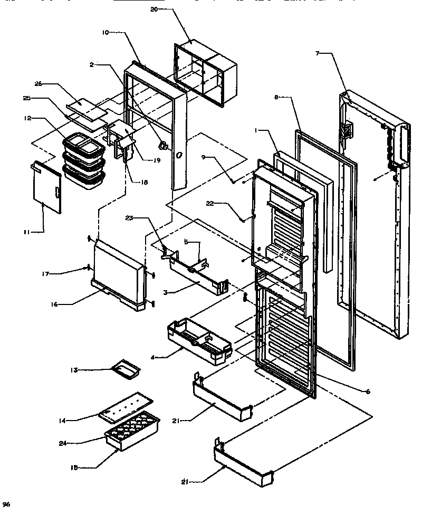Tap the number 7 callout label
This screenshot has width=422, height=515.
pos(318,53)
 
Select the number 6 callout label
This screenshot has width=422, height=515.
pos(367,391)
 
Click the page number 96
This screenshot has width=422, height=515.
pos(6,504)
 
